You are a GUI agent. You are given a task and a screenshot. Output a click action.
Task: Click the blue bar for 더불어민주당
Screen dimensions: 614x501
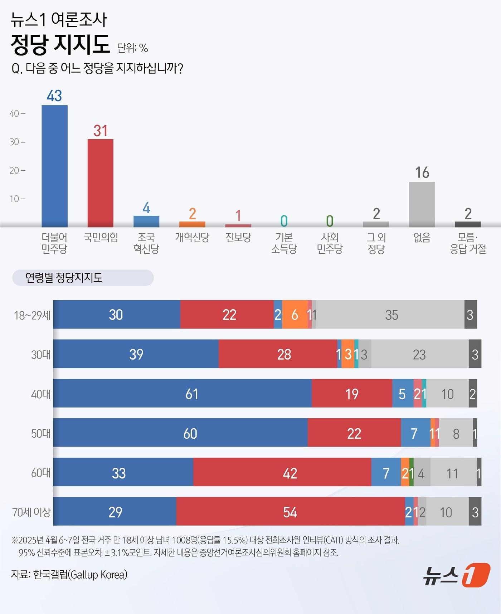54,166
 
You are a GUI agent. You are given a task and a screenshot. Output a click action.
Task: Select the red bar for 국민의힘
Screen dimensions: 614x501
100,183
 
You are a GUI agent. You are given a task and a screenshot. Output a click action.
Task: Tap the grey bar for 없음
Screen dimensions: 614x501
422,204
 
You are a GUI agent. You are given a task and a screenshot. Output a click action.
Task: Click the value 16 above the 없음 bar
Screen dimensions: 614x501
422,172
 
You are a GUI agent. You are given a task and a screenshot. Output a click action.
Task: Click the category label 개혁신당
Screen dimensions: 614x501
192,238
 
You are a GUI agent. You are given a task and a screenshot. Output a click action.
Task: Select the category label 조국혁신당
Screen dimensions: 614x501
146,243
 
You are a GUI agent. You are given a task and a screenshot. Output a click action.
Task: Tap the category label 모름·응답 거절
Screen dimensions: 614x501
468,243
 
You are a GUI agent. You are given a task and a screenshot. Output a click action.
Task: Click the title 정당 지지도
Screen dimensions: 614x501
60,45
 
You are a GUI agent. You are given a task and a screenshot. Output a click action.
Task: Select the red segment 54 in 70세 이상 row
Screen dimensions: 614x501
290,512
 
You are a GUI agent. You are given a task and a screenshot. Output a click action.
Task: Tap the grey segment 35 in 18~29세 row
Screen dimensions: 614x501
391,315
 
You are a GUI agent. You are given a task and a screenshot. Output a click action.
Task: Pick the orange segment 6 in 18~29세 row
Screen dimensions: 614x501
295,315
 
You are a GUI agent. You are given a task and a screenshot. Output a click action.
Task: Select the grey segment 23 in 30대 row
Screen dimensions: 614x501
419,354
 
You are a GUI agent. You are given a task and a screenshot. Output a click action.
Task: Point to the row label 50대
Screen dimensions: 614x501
40,433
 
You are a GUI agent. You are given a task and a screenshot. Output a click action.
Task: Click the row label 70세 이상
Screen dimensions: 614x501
31,512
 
